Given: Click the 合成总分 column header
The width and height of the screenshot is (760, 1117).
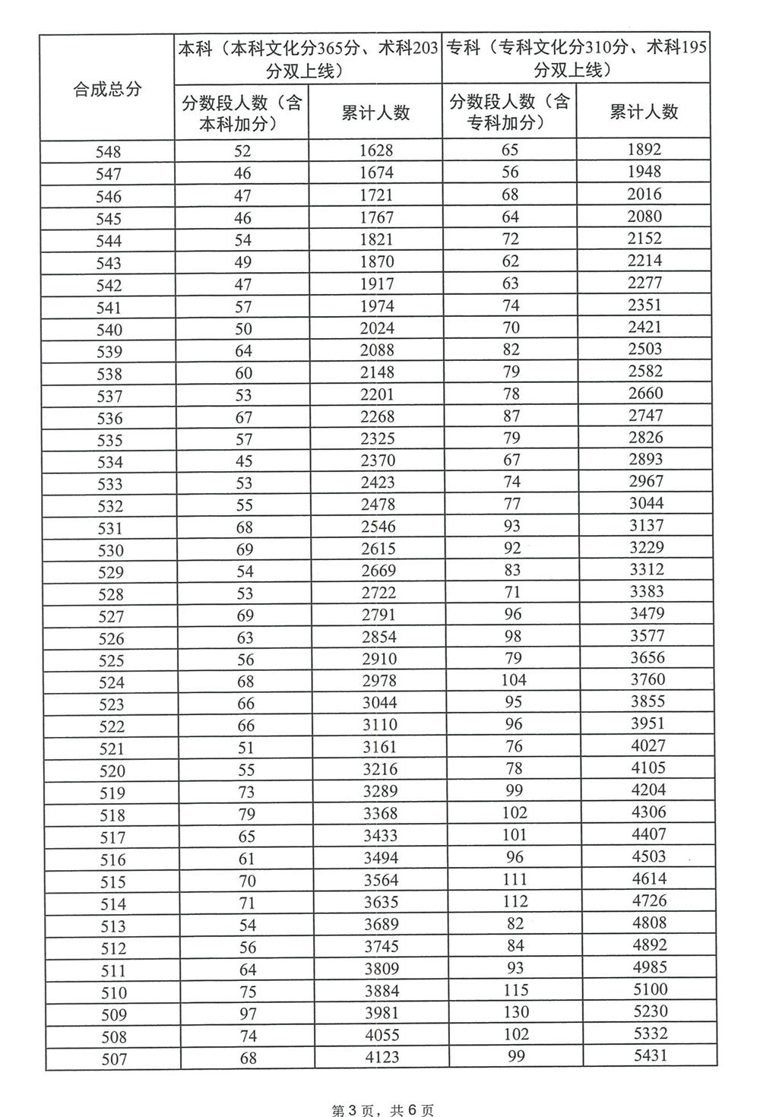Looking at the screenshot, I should point(107,88).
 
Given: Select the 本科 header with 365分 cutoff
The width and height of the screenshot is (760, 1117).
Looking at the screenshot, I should point(308,59).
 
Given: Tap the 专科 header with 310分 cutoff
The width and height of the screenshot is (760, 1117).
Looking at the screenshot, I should point(576,59).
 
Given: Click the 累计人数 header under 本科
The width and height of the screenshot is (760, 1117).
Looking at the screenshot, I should point(375,112).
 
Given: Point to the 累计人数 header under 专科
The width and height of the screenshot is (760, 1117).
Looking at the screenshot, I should point(644,112).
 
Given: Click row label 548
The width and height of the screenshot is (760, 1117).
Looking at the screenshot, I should point(108,152).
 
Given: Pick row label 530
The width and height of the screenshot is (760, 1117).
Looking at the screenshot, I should point(111,550).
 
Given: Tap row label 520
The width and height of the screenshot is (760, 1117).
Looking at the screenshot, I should point(112,771).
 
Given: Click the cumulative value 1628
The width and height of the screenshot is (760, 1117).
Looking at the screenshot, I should point(376,150).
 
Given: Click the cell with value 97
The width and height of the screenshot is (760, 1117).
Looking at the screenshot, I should point(247,1014).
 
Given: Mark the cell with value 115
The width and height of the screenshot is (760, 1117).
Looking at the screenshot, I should point(515,989).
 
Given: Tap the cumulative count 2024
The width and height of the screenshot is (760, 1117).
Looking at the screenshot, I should point(377,328).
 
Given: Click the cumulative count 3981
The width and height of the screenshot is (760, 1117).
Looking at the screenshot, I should point(381,1013).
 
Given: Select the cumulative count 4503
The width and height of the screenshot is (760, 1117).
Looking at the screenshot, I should point(648,856).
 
